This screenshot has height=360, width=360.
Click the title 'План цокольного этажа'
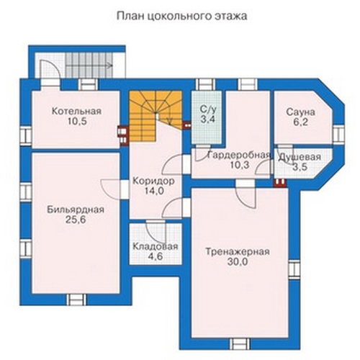click(181, 17)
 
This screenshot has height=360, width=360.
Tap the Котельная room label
click(76, 112)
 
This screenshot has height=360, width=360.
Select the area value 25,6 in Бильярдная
click(76, 220)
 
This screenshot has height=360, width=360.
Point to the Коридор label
click(153, 181)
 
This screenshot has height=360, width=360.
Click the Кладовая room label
click(156, 246)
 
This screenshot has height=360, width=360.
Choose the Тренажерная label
click(238, 252)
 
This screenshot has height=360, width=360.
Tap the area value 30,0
click(238, 262)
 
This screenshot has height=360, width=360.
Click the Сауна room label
click(300, 112)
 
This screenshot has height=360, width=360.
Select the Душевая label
click(300, 157)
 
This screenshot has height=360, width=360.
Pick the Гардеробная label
click(240, 156)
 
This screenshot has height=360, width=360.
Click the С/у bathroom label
click(208, 109)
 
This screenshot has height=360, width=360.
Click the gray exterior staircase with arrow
click(89, 65)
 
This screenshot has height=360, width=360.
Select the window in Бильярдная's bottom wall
click(76, 300)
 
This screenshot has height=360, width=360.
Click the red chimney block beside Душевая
click(280, 183)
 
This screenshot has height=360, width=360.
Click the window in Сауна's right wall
click(338, 134)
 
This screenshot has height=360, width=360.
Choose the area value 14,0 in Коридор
click(154, 191)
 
